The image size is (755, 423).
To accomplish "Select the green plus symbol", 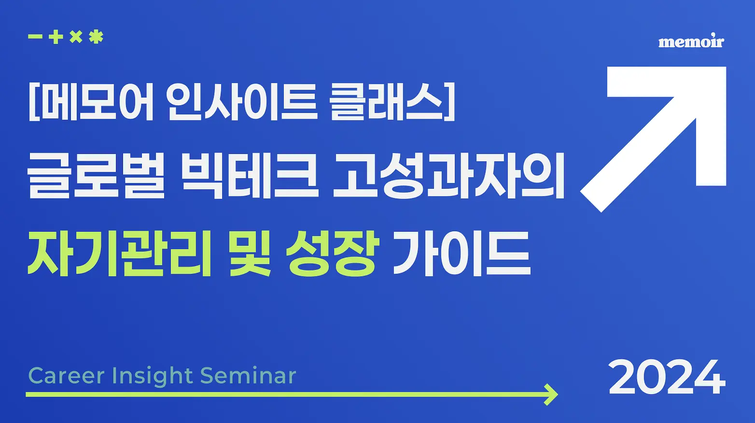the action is [56, 37].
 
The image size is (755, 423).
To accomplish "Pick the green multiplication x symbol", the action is [76, 37].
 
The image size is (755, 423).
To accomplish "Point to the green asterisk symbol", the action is [96, 37].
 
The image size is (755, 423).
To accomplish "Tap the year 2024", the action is [667, 377].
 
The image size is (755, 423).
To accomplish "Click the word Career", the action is [67, 376].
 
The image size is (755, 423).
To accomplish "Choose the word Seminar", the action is [248, 375].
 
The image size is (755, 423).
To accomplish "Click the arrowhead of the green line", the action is [551, 395].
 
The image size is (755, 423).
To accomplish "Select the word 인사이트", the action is [242, 101].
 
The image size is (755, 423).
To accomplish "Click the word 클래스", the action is [386, 101].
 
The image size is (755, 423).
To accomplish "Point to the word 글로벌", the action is [97, 175].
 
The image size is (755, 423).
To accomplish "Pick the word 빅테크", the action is [250, 175].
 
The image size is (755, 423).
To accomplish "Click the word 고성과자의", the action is [448, 175].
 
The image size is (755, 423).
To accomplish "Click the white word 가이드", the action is [462, 254].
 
